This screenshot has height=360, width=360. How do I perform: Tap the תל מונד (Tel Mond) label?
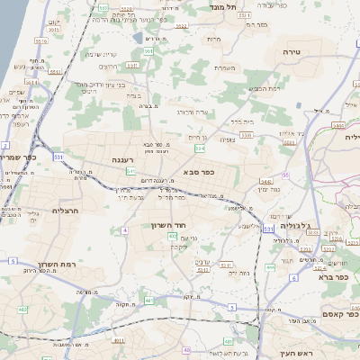coord(224,7)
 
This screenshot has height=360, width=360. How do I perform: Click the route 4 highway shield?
coord(123,230)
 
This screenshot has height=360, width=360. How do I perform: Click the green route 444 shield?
coord(270,267)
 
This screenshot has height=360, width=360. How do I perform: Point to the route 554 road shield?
coord(201,148)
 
